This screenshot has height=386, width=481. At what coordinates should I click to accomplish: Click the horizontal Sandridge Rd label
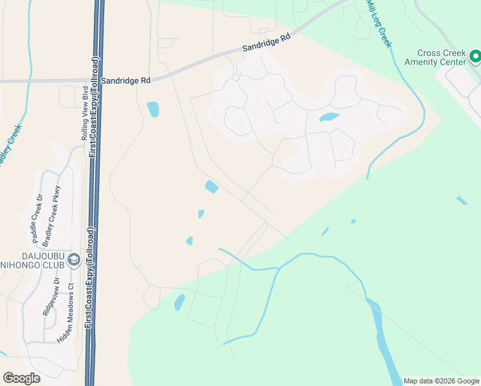[x=128, y=80]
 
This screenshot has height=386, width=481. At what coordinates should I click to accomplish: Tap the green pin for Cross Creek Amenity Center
[x=475, y=58]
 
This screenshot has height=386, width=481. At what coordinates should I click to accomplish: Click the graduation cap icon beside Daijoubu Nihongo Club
[x=75, y=259]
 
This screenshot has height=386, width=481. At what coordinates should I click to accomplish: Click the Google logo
[x=21, y=378]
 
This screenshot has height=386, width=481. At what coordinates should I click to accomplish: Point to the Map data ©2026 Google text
[x=440, y=381]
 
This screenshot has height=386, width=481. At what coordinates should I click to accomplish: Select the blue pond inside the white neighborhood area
[x=329, y=117]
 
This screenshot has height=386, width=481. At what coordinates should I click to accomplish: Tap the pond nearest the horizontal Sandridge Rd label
[x=153, y=109]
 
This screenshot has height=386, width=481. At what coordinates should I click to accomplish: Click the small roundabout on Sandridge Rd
[x=236, y=78]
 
